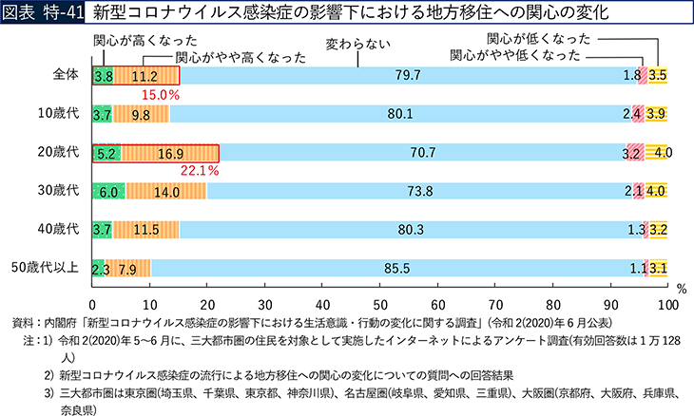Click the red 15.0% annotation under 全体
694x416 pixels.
(161, 95)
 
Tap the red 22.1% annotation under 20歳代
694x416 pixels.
(201, 171)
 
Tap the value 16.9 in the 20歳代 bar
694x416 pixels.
(171, 153)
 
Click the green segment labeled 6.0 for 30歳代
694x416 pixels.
(107, 191)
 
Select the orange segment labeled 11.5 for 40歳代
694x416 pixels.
(145, 229)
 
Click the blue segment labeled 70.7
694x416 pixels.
(418, 153)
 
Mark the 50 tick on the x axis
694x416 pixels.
(380, 305)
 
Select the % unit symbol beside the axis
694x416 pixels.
(680, 286)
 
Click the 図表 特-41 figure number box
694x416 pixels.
(38, 12)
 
